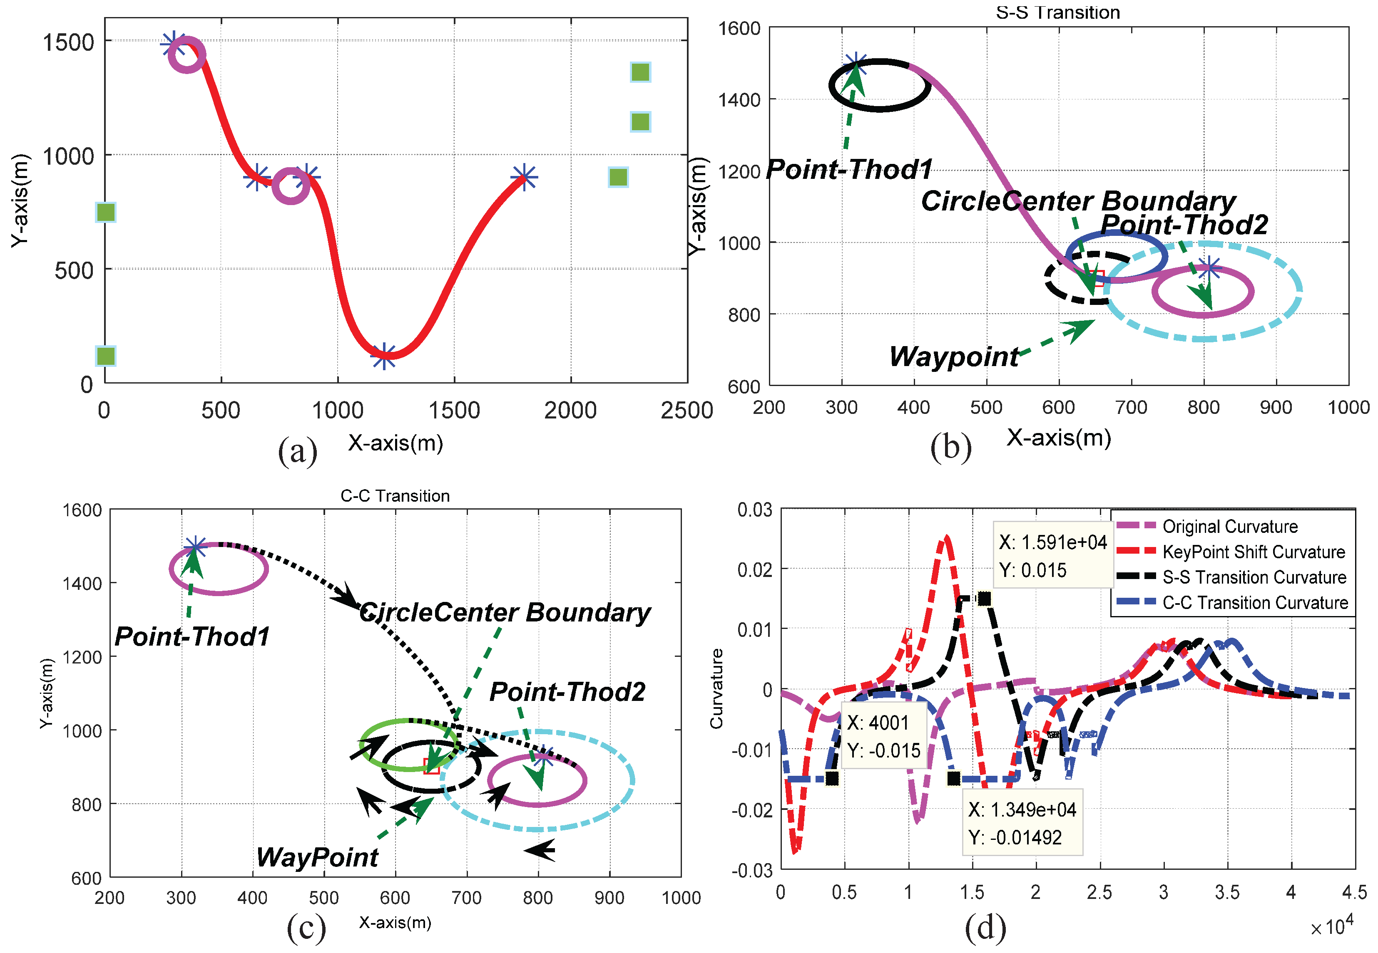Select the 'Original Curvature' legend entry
[x=1230, y=527]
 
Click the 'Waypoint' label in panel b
[x=954, y=357]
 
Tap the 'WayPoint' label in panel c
[x=317, y=857]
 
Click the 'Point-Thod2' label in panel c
[x=567, y=692]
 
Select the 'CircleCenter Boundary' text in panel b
[x=1078, y=201]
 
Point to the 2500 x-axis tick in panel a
[x=687, y=411]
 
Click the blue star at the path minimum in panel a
[x=383, y=356]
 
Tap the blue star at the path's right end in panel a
[x=524, y=177]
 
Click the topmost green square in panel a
[x=640, y=72]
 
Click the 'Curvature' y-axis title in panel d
[x=716, y=688]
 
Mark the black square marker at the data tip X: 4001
[x=832, y=779]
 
